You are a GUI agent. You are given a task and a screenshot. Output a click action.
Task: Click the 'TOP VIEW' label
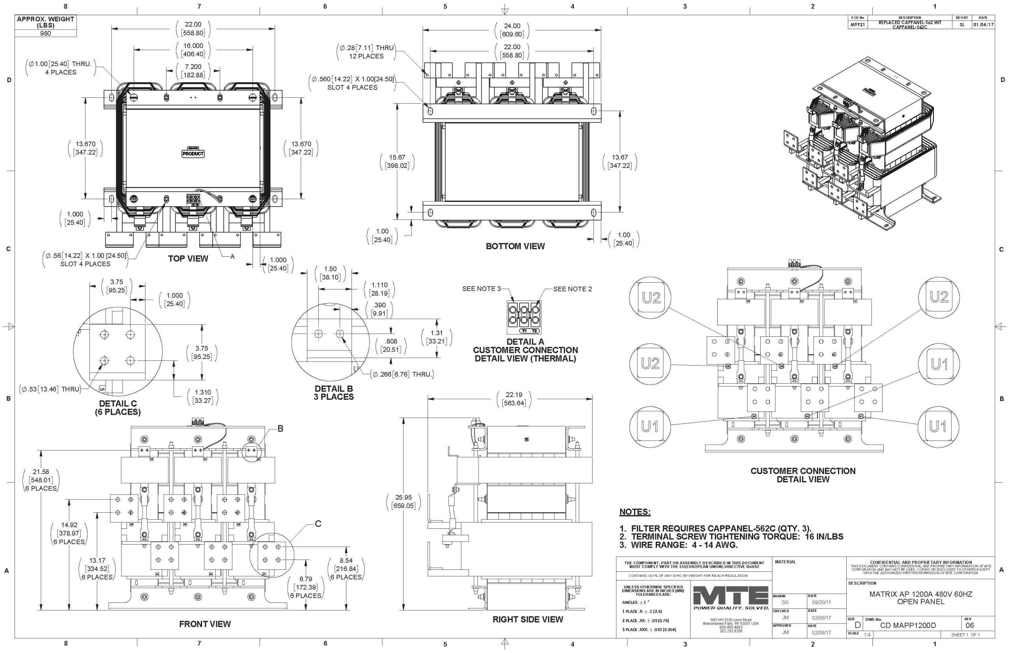[188, 259]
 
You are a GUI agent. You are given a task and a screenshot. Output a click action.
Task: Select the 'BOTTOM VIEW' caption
[515, 246]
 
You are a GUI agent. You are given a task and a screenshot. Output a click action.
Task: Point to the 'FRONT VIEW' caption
[205, 624]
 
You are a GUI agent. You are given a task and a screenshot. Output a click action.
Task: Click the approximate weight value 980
[45, 34]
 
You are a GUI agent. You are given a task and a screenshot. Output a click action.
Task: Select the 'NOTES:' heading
[634, 512]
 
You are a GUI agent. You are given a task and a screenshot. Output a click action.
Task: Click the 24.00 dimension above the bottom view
[512, 26]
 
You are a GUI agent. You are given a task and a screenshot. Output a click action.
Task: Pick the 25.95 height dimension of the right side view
[403, 497]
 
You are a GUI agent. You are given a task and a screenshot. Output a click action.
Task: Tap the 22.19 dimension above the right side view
[514, 395]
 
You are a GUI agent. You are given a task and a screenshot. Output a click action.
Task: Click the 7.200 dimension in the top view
[193, 67]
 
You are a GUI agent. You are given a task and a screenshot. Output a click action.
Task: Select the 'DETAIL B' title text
[334, 388]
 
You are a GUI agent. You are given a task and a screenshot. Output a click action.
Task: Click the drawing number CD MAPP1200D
[908, 625]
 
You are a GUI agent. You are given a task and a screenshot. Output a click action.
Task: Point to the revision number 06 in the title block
[969, 625]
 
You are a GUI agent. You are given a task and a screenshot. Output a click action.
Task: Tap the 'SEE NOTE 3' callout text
[481, 289]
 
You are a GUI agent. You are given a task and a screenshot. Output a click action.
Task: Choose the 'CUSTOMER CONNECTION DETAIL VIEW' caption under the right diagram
[802, 475]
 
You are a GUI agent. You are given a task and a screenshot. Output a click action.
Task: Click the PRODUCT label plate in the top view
[193, 153]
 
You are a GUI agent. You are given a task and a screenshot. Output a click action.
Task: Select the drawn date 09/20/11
[821, 602]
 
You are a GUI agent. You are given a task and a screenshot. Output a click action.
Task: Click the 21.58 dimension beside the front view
[41, 472]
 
